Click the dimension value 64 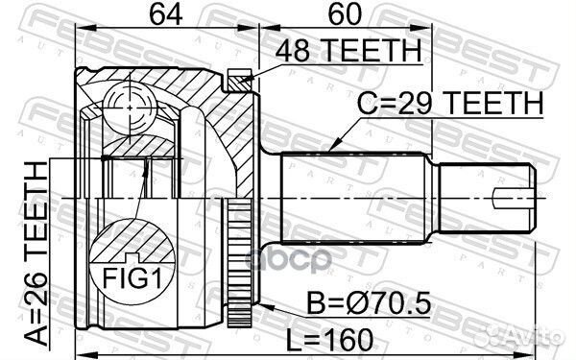(x=166, y=14)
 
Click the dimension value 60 (x=345, y=14)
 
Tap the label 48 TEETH (x=348, y=50)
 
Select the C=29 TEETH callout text (x=450, y=104)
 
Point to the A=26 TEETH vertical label (x=36, y=254)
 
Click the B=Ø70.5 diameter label (x=369, y=302)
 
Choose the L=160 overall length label (x=329, y=339)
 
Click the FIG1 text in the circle (x=132, y=278)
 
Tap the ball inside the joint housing (x=130, y=108)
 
